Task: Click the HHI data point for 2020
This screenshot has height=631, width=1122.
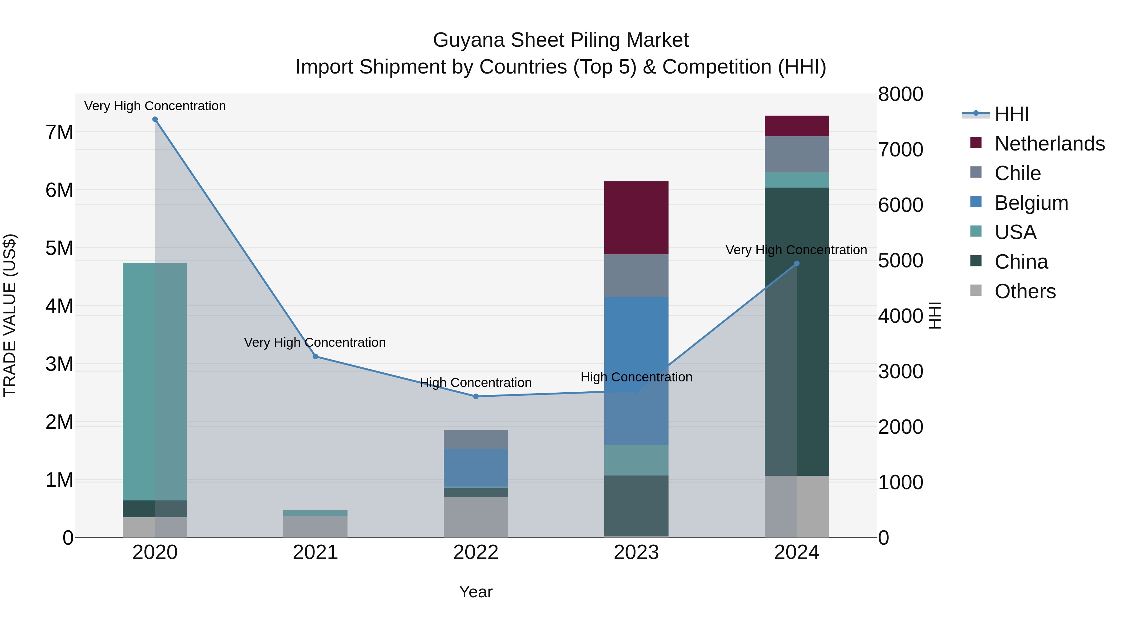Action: tap(155, 119)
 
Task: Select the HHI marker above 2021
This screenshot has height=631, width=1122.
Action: tap(315, 357)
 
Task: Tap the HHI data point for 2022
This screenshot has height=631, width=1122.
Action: tap(476, 396)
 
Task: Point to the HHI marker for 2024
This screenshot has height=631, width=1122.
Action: tap(797, 263)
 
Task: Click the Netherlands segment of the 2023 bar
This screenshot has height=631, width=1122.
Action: tap(636, 218)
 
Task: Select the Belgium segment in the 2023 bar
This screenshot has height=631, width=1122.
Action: tap(636, 370)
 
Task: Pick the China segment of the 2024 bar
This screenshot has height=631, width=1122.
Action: tap(797, 331)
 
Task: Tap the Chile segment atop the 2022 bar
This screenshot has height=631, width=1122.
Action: tap(476, 439)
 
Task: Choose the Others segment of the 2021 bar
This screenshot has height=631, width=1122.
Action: tap(315, 527)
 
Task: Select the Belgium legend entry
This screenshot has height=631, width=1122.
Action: tap(1031, 203)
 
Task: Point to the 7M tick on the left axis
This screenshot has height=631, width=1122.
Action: tap(59, 132)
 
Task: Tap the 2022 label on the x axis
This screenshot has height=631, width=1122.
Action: tap(476, 552)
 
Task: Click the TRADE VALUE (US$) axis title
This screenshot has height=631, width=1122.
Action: tap(10, 315)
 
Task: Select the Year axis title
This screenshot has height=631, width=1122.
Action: tap(476, 592)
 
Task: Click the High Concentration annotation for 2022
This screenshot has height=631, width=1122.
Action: tap(476, 383)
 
